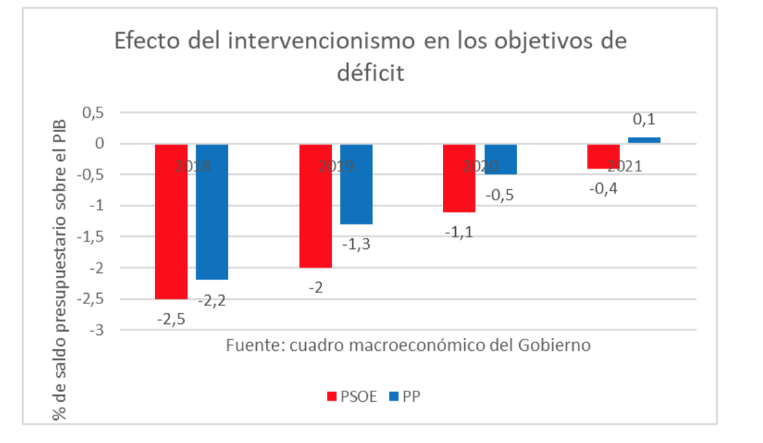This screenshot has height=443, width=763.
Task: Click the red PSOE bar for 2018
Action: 171,221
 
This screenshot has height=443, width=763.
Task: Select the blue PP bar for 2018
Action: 212,212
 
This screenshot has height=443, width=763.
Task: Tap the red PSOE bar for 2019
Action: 315,206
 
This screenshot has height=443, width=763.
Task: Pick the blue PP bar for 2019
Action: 356,184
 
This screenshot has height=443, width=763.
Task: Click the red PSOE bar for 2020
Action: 459,178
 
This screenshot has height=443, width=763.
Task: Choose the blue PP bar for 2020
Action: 500,159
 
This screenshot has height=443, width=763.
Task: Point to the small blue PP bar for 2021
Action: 644,140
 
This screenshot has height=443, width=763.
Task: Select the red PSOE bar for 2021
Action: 603,156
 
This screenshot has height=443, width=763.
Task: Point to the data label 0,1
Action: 644,120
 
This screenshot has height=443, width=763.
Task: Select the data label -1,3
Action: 357,244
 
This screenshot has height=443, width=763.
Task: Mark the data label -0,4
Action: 603,189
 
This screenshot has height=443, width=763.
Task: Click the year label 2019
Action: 337,166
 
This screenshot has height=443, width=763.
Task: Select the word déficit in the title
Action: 370,72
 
